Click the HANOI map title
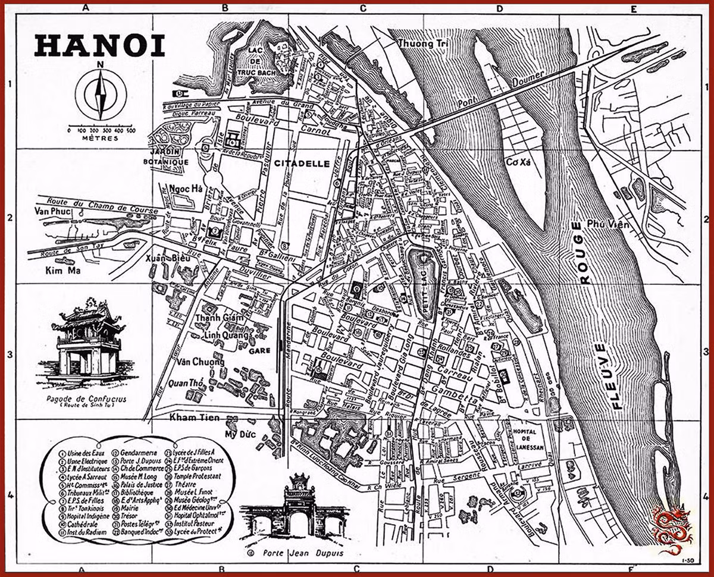(99, 46)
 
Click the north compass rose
(101, 93)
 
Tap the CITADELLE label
(302, 163)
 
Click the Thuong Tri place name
(423, 44)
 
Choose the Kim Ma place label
(62, 271)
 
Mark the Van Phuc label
(52, 211)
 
